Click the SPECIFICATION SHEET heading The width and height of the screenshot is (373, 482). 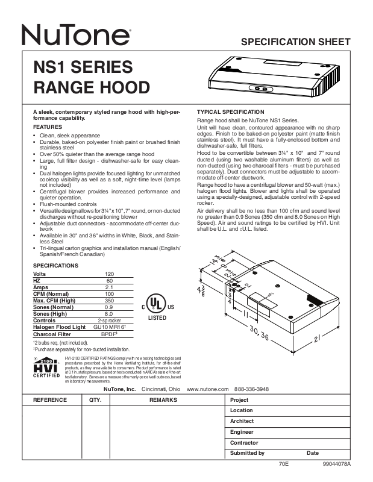pyautogui.click(x=295, y=42)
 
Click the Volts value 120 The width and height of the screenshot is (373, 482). pyautogui.click(x=109, y=274)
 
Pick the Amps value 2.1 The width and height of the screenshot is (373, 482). pyautogui.click(x=109, y=287)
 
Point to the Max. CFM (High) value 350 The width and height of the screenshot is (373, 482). pyautogui.click(x=109, y=301)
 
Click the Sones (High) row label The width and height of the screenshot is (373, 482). pyautogui.click(x=50, y=314)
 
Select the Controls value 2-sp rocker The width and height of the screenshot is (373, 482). pyautogui.click(x=109, y=321)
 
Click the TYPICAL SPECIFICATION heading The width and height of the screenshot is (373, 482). pyautogui.click(x=231, y=112)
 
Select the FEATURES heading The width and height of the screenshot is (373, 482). pyautogui.click(x=47, y=128)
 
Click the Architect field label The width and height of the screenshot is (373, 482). pyautogui.click(x=242, y=421)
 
